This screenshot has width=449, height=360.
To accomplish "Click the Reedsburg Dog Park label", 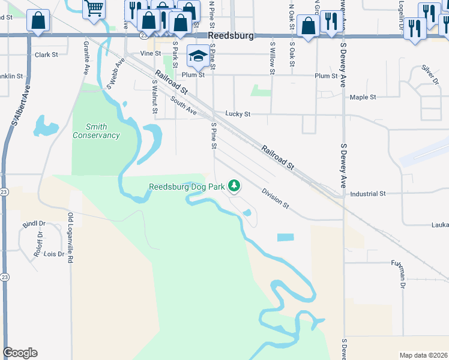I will (187, 187).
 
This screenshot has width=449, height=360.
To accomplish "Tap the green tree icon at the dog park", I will (234, 186).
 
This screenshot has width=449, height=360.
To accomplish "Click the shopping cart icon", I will (94, 9).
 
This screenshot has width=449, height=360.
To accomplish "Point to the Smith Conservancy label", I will (96, 131).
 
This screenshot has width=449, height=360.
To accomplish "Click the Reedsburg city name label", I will (232, 36).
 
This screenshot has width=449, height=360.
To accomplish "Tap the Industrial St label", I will (367, 194).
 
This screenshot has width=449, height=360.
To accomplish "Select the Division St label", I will (276, 198).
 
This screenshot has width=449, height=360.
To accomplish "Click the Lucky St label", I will (238, 113).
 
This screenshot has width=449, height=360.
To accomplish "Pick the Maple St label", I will (363, 97).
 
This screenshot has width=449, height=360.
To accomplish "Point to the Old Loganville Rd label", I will (70, 238).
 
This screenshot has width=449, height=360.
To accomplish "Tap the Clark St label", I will (46, 55).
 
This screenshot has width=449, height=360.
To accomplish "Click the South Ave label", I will (183, 107).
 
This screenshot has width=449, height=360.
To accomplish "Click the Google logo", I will (20, 353).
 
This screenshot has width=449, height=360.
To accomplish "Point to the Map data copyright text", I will (423, 355).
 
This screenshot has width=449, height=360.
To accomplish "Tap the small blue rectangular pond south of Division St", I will (286, 238).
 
